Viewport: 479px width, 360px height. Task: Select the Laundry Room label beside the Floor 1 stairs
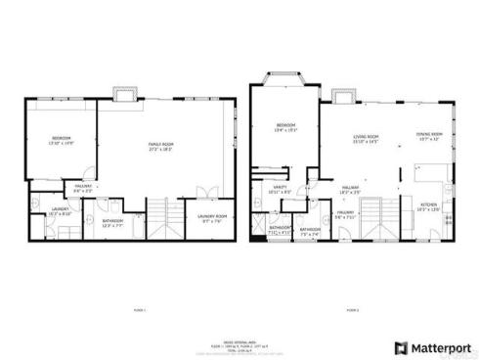(x=212, y=217)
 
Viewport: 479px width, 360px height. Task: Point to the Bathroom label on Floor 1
(x=113, y=222)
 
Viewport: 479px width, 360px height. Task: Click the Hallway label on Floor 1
(x=83, y=190)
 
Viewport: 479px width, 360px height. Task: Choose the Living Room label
(x=366, y=140)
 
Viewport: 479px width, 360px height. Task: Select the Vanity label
(x=279, y=191)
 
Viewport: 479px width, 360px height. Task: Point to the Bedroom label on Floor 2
(x=285, y=126)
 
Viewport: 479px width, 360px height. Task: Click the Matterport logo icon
(x=401, y=347)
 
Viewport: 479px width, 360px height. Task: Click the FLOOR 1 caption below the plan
(x=138, y=310)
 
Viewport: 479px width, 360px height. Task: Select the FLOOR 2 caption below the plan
(x=352, y=310)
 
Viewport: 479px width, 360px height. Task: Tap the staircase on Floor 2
(x=376, y=220)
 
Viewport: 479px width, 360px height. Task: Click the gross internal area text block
(x=239, y=346)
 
